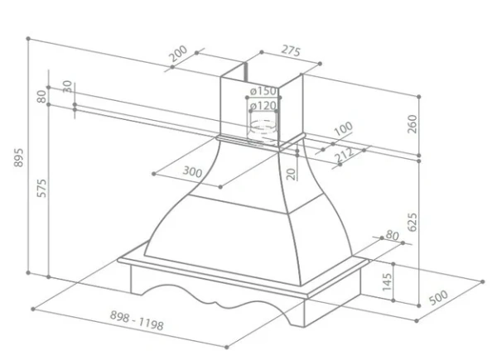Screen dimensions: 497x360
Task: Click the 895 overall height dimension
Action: click(x=18, y=157)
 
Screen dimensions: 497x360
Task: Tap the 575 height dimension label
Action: click(x=41, y=188)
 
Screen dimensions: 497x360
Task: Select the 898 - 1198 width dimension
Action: click(x=137, y=320)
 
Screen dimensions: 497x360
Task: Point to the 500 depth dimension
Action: click(x=439, y=297)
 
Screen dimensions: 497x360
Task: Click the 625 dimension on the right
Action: click(x=412, y=223)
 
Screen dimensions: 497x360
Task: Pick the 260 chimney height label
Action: click(x=412, y=124)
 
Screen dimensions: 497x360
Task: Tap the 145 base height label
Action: click(x=387, y=282)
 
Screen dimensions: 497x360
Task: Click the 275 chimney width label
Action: click(x=291, y=50)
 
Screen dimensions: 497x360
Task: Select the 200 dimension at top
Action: click(x=178, y=54)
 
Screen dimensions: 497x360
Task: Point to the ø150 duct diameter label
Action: click(x=263, y=91)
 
